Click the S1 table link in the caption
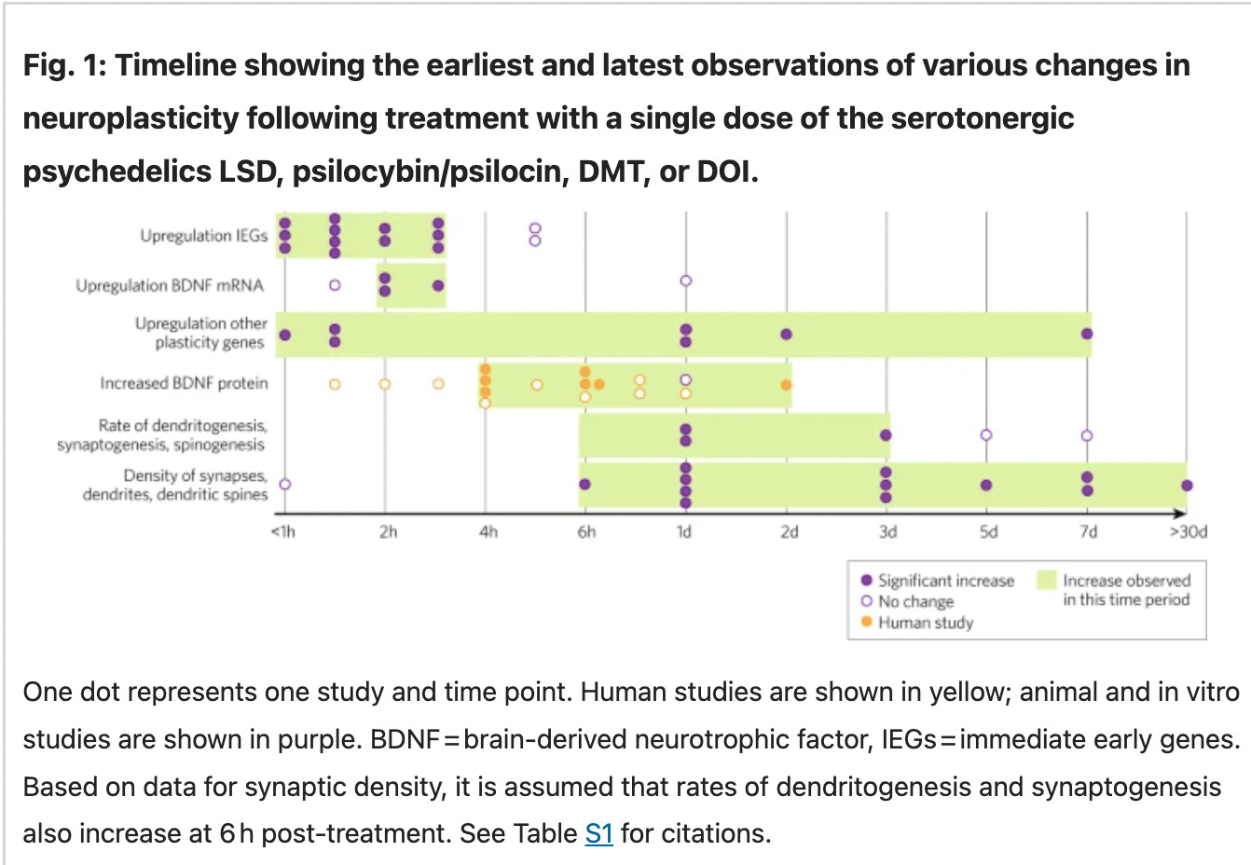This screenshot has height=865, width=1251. point(598,832)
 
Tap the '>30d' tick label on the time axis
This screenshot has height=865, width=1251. point(1188,531)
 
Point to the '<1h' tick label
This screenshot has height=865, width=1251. point(282,531)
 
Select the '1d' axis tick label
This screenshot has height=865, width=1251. point(684,531)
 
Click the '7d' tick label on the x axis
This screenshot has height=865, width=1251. point(1088,531)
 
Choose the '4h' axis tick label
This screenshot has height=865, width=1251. point(488,531)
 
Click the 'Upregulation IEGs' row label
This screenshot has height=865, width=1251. point(203,236)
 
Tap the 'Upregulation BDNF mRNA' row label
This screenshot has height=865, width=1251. point(170,285)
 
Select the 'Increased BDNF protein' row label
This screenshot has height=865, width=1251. point(184,383)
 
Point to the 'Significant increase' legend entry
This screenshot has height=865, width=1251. point(944,581)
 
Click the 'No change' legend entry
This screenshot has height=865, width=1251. point(914,601)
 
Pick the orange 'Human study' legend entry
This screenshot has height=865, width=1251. point(924,623)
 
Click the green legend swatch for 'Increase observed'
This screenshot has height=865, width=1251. point(1047,581)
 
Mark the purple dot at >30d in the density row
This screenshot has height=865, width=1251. point(1187,485)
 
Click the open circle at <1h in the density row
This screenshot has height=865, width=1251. point(285,484)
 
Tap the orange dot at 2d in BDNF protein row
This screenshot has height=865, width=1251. point(786,385)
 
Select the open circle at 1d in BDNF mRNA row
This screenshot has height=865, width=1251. point(686,281)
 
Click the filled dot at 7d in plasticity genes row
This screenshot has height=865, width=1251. point(1087,334)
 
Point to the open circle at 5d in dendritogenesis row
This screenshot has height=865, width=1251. point(986,435)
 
